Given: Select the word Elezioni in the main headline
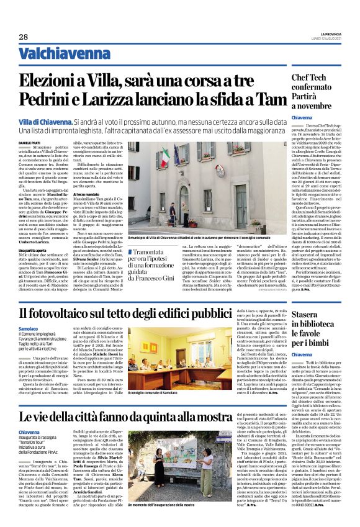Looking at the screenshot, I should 53,81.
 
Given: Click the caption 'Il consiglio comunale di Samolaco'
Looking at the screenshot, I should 163,392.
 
